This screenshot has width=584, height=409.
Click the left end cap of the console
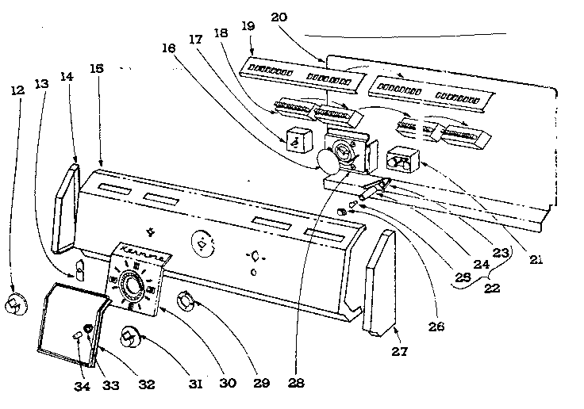tap(67, 205)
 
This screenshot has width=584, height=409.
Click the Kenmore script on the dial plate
tap(145, 256)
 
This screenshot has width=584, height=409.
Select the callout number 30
tap(228, 384)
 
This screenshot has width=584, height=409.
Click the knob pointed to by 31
tap(129, 338)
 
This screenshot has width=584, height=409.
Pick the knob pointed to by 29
tap(187, 301)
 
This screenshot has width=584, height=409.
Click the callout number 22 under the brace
tap(492, 289)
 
